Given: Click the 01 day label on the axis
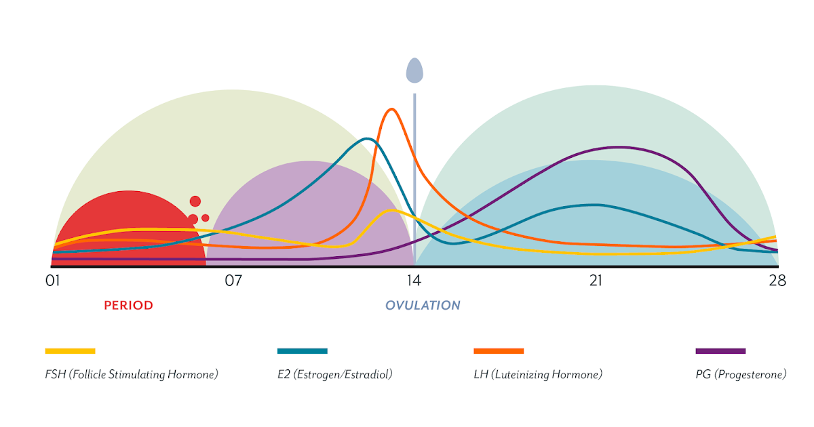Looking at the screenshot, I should coord(53,281).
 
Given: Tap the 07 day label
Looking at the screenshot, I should coord(233,281).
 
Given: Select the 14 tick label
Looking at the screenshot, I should coord(414,281).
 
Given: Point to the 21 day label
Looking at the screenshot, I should coord(596,281).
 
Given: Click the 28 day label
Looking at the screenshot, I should coord(777,281).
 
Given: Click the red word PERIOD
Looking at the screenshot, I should coord(128,306).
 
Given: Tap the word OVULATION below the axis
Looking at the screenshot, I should coord(423,306).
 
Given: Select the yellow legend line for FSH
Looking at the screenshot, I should coord(70,351).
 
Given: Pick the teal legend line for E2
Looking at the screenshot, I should coord(303,351).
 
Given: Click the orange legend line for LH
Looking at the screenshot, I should coord(499,351).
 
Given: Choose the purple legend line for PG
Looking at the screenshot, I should coord(720,351).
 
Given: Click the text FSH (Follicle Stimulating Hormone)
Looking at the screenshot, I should coord(132,374).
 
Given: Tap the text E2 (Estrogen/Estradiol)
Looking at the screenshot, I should coord(335,374).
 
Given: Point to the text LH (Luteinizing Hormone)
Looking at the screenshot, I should coord(538,374).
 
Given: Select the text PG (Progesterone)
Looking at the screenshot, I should coord(741,374).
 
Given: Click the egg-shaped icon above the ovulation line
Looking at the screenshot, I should coord(414,70).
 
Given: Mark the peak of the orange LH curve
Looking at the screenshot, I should coord(391,109).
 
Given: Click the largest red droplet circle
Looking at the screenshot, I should coord(195,201).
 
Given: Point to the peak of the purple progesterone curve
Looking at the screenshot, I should coord(619,147).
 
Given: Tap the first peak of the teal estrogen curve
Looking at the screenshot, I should coord(367,139).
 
